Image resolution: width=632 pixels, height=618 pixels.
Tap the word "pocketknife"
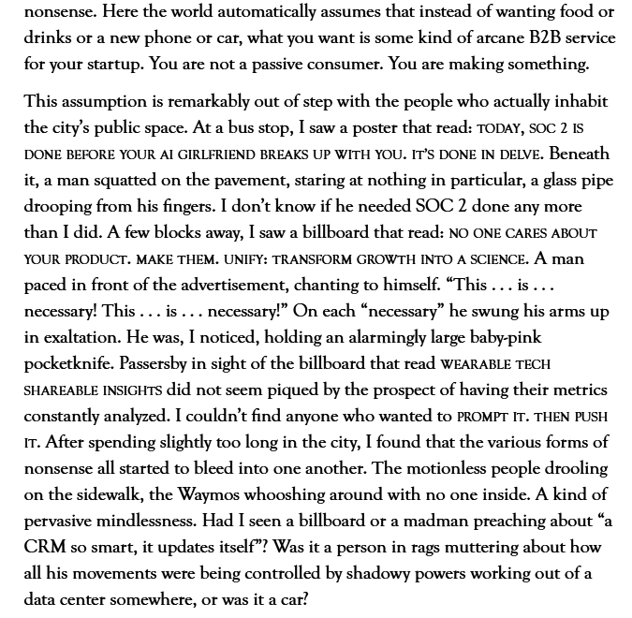point(74,363)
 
